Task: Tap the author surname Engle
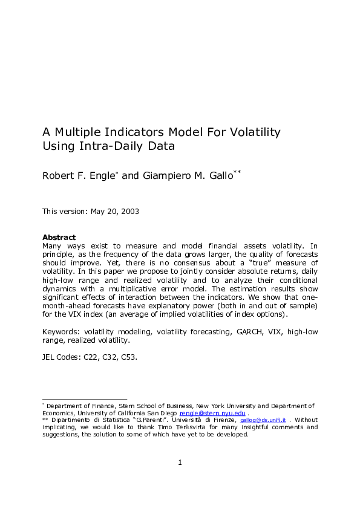pyautogui.click(x=103, y=176)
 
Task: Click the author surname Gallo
pyautogui.click(x=211, y=176)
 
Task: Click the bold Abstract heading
pyautogui.click(x=59, y=238)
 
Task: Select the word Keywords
pyautogui.click(x=61, y=332)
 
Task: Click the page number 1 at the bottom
pyautogui.click(x=180, y=463)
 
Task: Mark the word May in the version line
pyautogui.click(x=97, y=212)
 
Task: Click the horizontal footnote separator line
pyautogui.click(x=84, y=399)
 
